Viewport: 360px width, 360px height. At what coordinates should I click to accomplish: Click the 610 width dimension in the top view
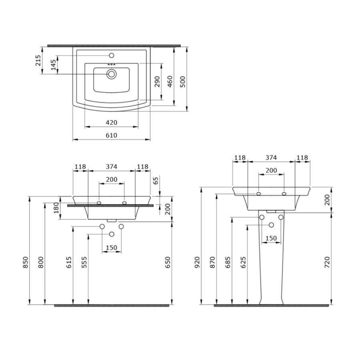pos(111,136)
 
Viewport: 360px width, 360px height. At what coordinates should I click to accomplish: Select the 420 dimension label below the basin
pos(111,123)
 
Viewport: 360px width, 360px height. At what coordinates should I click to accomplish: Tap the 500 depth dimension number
pos(183,82)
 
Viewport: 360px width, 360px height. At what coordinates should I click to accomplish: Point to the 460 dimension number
pos(170,82)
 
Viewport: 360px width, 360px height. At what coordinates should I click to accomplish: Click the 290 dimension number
pos(157,82)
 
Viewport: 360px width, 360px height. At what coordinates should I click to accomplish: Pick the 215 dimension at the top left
pos(38,60)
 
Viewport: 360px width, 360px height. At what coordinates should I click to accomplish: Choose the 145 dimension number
pos(53,65)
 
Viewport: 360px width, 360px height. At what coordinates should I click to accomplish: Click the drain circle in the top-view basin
pos(112,74)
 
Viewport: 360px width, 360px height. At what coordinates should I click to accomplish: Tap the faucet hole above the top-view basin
pos(112,55)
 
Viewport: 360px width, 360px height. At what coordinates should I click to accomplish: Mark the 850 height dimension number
pos(26,262)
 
